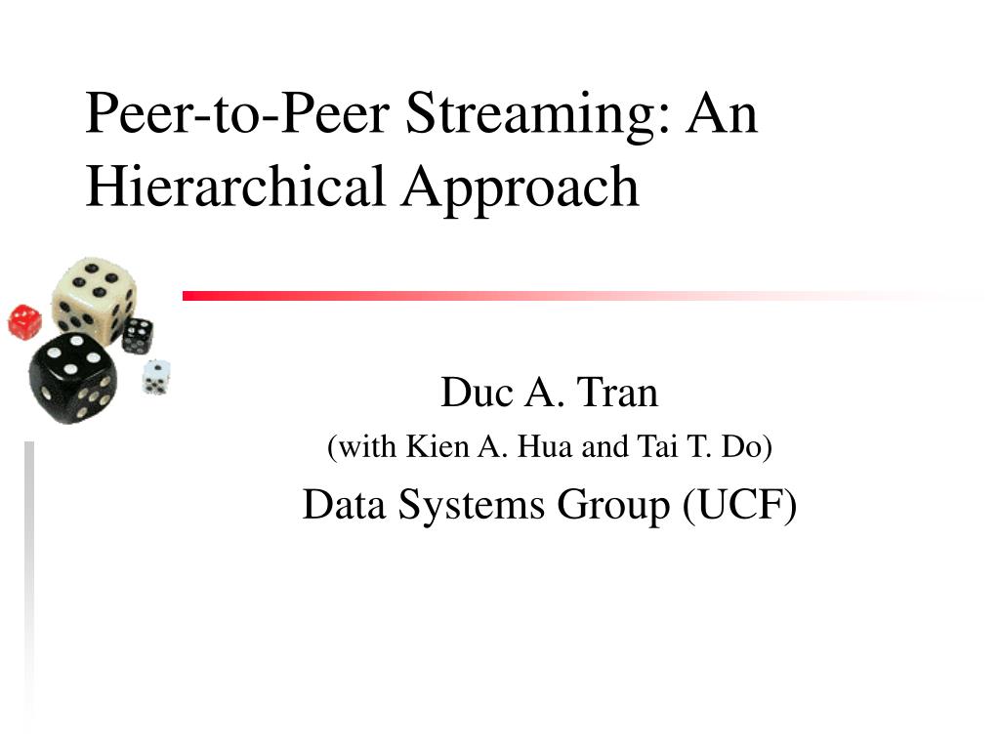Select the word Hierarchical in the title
point(235,186)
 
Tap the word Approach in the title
point(520,187)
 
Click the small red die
point(24,322)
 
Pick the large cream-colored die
point(94,294)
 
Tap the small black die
point(138,335)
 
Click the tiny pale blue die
point(156,376)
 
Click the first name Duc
point(472,394)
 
